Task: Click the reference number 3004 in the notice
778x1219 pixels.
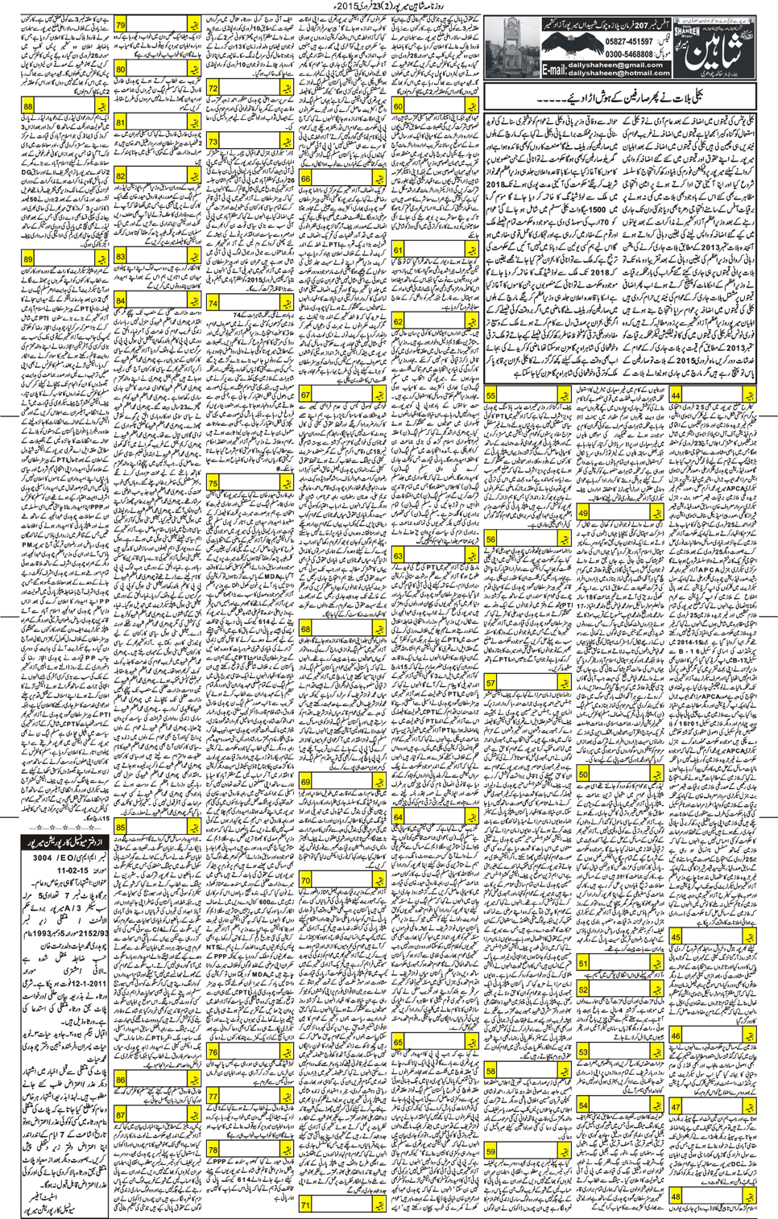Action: (42, 858)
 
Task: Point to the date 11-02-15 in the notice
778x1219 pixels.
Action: (72, 870)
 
